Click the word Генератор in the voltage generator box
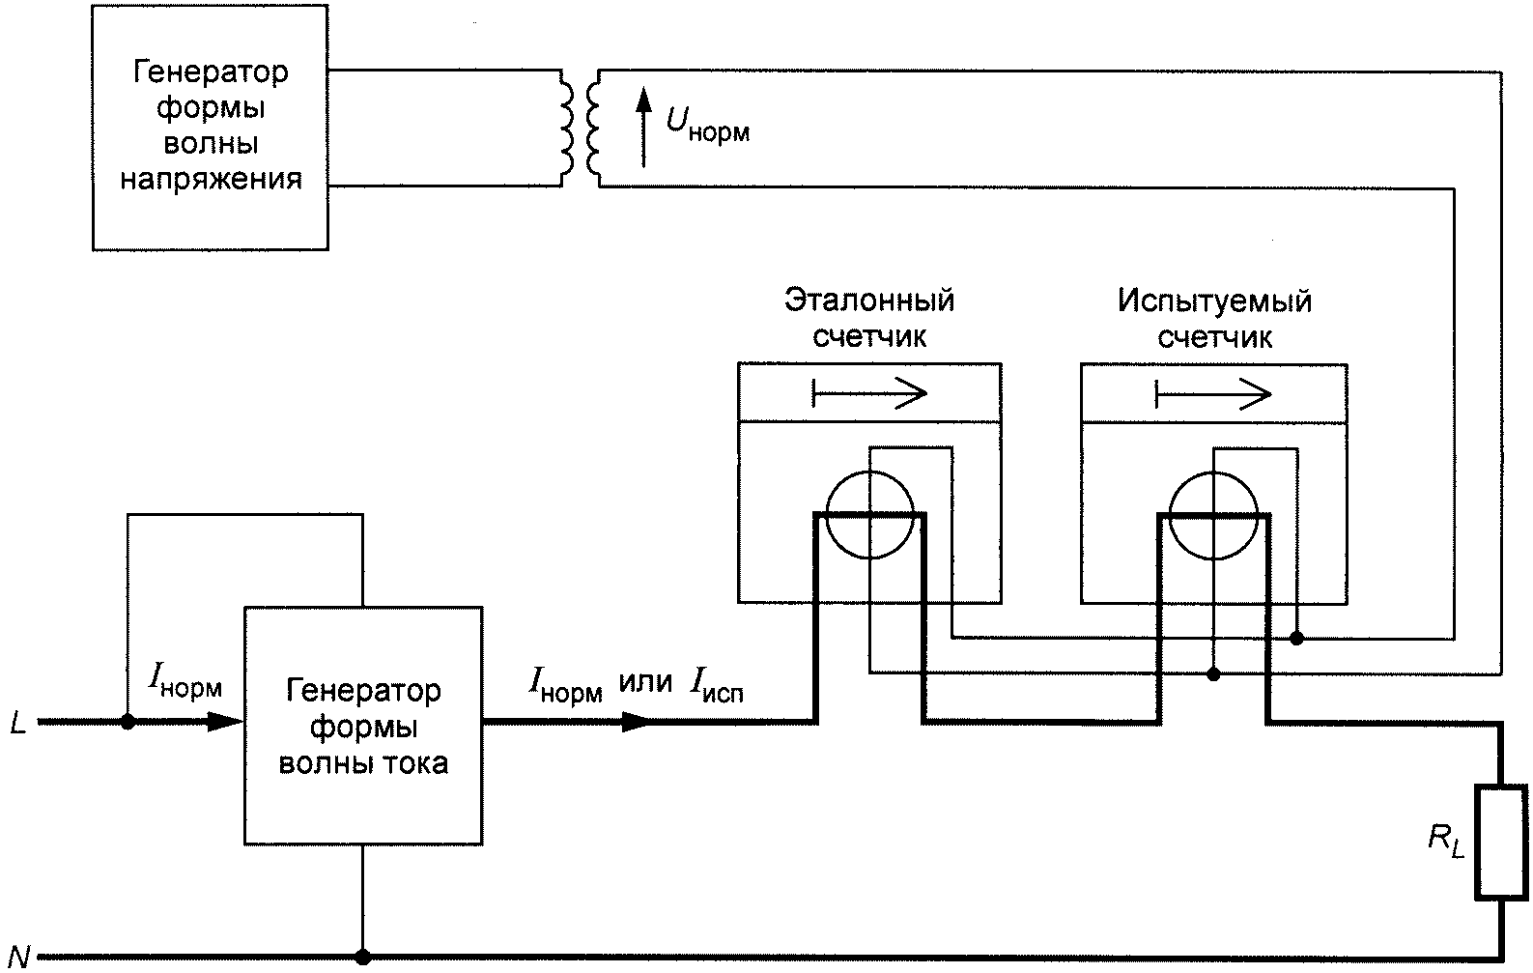[211, 72]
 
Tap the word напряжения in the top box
[212, 180]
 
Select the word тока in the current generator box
[414, 762]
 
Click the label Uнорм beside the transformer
[708, 126]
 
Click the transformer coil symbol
[580, 129]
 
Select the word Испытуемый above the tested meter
[1215, 301]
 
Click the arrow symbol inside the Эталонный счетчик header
[869, 393]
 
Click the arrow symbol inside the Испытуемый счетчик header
[1213, 394]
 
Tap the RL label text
[1446, 841]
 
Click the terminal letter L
[18, 723]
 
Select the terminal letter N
[19, 958]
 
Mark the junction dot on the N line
[362, 957]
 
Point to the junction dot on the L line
[128, 722]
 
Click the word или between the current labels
[645, 682]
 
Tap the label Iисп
[717, 684]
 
